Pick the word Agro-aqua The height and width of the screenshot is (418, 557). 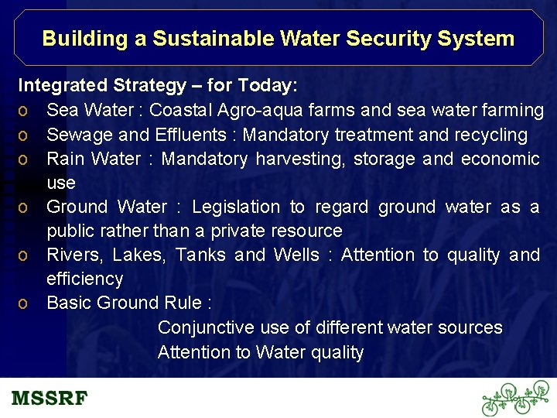251,111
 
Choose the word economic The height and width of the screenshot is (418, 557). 500,159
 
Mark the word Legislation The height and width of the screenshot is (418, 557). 236,207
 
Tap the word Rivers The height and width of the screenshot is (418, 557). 74,255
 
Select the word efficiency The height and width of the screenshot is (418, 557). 84,279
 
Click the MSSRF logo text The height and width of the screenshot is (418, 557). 50,399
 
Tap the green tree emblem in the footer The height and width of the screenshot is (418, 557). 514,398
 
